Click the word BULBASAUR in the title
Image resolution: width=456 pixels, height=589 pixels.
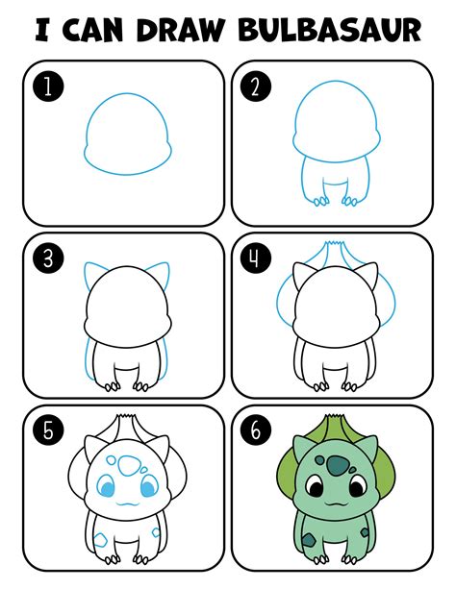330,29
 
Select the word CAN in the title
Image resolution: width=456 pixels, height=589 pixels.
92,29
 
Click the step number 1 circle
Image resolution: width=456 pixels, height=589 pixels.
48,87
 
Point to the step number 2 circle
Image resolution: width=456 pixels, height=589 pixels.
256,87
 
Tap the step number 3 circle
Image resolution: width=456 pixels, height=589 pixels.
48,258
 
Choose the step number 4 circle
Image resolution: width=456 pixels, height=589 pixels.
256,258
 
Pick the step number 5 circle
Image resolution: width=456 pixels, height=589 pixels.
48,430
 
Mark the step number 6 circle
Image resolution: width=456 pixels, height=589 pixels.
256,430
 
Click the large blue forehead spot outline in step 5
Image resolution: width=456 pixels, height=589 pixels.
129,466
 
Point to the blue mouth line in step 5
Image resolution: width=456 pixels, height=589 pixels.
127,503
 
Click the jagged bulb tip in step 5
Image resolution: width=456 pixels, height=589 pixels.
126,417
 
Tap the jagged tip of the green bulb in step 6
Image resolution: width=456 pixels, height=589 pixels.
334,417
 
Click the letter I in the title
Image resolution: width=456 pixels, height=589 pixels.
41,30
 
